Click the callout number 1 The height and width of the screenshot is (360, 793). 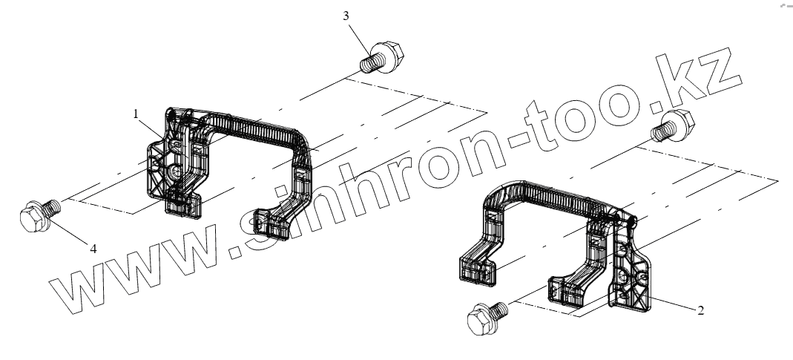coord(136,114)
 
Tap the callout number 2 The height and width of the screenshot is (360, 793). coord(700,310)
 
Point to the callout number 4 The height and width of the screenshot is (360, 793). coord(93,249)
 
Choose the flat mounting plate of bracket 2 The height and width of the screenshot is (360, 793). coord(631,275)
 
